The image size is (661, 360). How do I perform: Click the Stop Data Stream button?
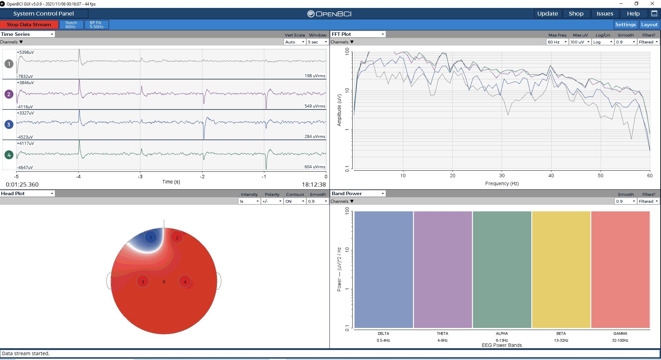pos(29,24)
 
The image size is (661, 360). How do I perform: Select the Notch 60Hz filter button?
pos(71,24)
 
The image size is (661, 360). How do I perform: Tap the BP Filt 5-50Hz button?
pos(97,24)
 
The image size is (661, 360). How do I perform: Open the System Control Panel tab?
pos(44,13)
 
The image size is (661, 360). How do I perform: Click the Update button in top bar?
pos(547,13)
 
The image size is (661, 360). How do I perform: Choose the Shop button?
pos(576,13)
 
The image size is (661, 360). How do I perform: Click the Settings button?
pos(625,24)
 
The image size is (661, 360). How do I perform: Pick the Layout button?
pos(649,24)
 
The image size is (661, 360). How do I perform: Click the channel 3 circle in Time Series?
pos(9,124)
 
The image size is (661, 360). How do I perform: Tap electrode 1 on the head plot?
pos(151,237)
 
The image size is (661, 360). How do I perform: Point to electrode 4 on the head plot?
pos(185,281)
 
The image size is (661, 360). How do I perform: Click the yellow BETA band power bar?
pos(561,270)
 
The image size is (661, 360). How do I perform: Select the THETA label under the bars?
pos(443,333)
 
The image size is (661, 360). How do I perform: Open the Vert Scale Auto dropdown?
pos(295,42)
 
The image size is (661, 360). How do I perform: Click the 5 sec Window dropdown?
pos(317,42)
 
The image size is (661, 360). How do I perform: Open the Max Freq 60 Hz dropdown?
pos(557,42)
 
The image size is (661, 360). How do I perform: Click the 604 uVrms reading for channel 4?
pos(315,167)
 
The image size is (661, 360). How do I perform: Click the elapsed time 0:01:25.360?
pos(22,184)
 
